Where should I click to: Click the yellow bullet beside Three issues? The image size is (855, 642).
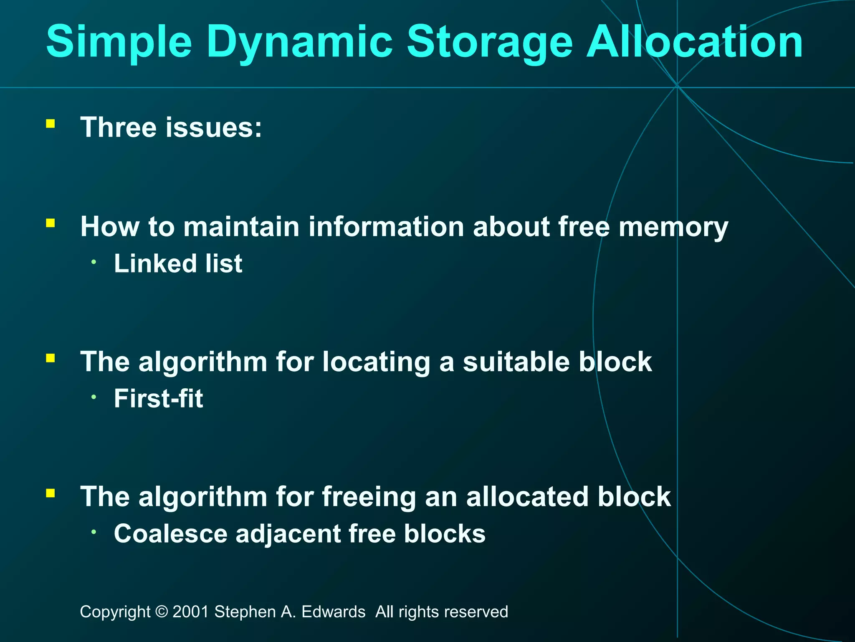[x=51, y=124]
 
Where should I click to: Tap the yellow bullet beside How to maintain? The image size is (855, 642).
[x=51, y=223]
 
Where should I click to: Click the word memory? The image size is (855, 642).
[x=673, y=227]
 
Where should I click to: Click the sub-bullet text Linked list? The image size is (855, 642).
[x=178, y=263]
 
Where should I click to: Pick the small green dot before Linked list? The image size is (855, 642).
[x=94, y=262]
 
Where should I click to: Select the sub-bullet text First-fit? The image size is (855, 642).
[x=158, y=398]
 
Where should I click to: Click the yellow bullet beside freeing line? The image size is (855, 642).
[x=51, y=494]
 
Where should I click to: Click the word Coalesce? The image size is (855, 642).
[x=170, y=534]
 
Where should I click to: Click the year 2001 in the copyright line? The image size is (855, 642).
[x=190, y=612]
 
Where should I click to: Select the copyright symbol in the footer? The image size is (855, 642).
[x=161, y=612]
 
